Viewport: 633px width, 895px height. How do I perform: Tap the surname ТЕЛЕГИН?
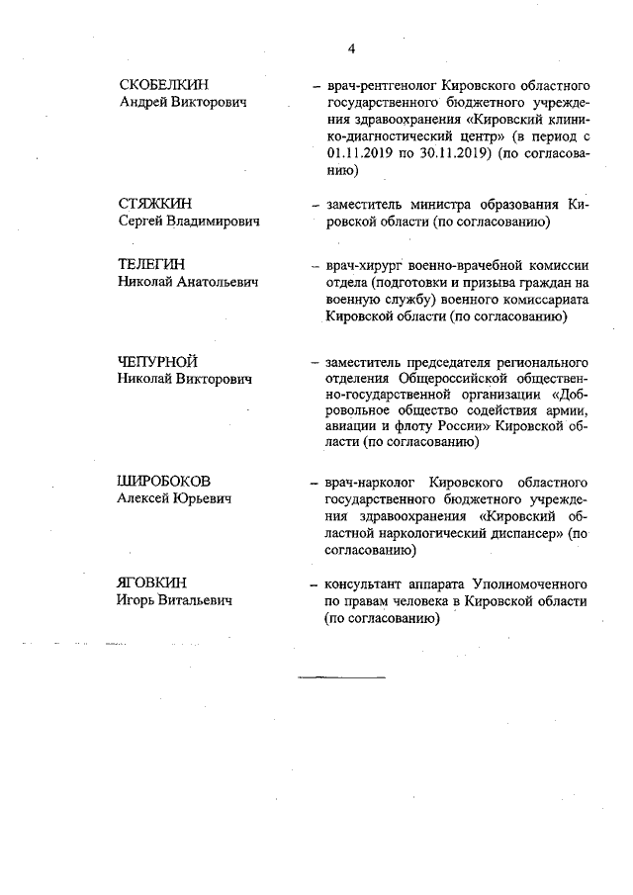pyautogui.click(x=151, y=265)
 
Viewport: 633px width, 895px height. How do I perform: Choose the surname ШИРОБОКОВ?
pyautogui.click(x=164, y=482)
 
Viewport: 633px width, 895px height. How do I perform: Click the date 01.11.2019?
pyautogui.click(x=358, y=154)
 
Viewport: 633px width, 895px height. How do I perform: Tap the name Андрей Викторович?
pyautogui.click(x=182, y=103)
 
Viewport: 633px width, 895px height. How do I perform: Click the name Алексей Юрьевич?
pyautogui.click(x=175, y=499)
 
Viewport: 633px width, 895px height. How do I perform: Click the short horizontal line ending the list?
pyautogui.click(x=342, y=676)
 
